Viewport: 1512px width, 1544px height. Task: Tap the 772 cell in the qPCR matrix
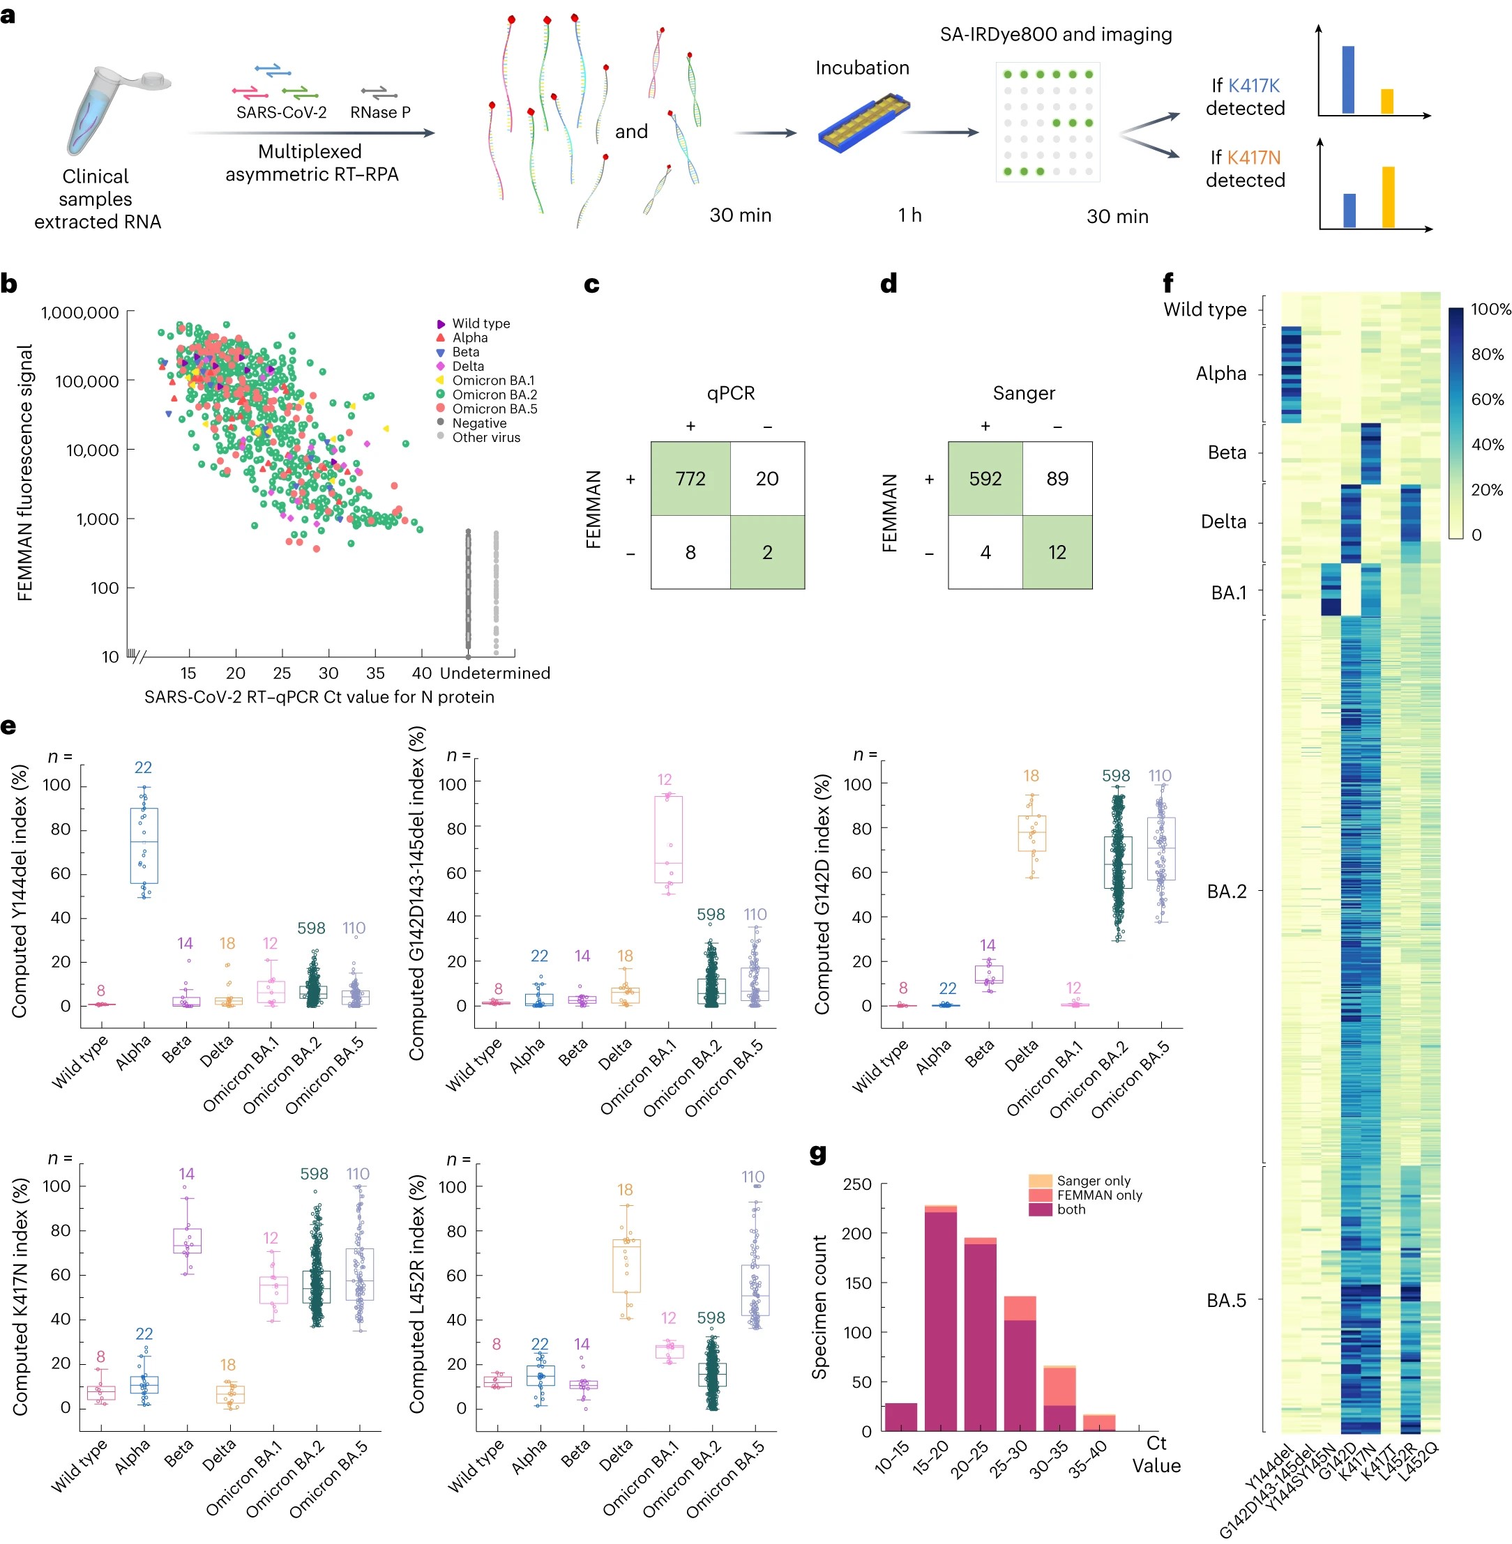pyautogui.click(x=690, y=479)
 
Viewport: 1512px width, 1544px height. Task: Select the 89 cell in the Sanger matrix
pyautogui.click(x=1057, y=479)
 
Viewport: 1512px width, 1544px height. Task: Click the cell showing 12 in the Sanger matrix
pyautogui.click(x=1057, y=553)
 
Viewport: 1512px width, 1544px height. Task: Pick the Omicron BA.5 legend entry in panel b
pyautogui.click(x=487, y=408)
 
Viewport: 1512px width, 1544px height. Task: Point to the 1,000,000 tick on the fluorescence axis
pyautogui.click(x=80, y=313)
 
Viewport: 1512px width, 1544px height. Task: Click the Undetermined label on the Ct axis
pyautogui.click(x=494, y=673)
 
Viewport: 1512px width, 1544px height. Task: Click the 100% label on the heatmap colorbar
pyautogui.click(x=1490, y=309)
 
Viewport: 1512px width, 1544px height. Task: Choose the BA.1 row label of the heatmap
pyautogui.click(x=1229, y=593)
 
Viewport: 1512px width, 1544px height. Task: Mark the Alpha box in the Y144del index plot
pyautogui.click(x=144, y=846)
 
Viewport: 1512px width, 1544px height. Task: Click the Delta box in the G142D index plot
pyautogui.click(x=1031, y=834)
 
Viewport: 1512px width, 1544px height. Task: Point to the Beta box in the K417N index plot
pyautogui.click(x=188, y=1241)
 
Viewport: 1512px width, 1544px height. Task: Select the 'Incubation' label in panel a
pyautogui.click(x=863, y=68)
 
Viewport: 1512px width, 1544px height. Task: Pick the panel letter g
pyautogui.click(x=818, y=1153)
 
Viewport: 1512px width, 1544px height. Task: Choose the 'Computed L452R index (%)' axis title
pyautogui.click(x=417, y=1294)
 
